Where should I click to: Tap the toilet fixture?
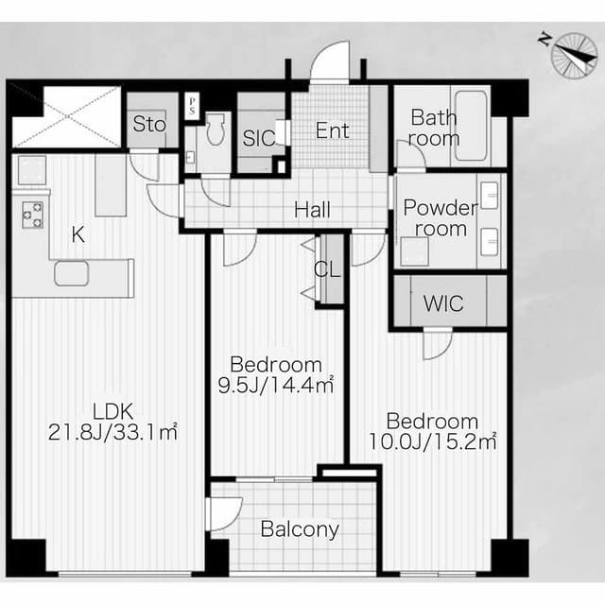click(215, 130)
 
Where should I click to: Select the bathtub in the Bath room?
click(471, 126)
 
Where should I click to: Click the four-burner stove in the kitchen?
click(32, 215)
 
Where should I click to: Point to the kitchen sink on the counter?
click(72, 273)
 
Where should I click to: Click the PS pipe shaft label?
click(192, 106)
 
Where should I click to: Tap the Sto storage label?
click(149, 124)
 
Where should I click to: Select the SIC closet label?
click(259, 138)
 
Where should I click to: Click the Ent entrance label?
click(332, 130)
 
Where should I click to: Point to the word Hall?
click(312, 210)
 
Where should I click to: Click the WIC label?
click(443, 303)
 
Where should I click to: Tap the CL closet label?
click(327, 269)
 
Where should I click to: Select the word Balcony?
click(300, 529)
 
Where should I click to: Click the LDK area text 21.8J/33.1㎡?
click(112, 432)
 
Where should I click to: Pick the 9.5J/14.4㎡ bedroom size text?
click(276, 385)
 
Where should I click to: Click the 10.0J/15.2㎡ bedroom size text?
click(433, 441)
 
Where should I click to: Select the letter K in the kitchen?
click(78, 234)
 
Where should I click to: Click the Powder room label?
click(441, 218)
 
